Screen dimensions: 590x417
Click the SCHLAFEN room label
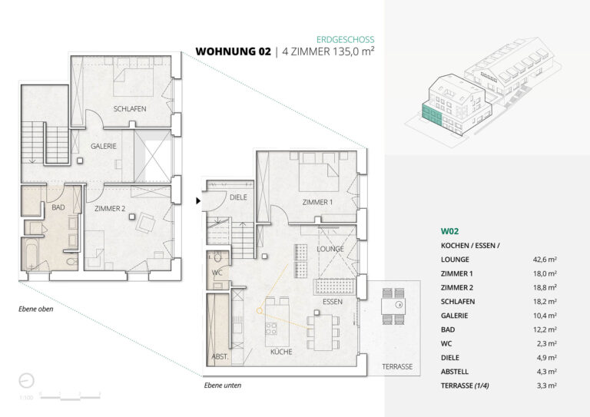pyautogui.click(x=130, y=109)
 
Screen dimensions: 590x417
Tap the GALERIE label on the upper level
pyautogui.click(x=104, y=146)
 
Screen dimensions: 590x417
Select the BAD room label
pyautogui.click(x=58, y=207)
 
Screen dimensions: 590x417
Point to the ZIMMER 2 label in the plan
pyautogui.click(x=110, y=208)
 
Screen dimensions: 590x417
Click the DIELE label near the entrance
pyautogui.click(x=239, y=197)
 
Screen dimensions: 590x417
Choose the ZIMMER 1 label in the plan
pyautogui.click(x=317, y=202)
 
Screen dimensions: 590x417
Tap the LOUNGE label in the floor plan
pyautogui.click(x=330, y=249)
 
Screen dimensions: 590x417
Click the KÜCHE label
pyautogui.click(x=281, y=352)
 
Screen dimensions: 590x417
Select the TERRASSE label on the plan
pyautogui.click(x=397, y=366)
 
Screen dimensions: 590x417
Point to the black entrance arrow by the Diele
pyautogui.click(x=198, y=201)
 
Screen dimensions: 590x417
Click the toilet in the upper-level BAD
pyautogui.click(x=71, y=261)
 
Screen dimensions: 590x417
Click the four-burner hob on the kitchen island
pyautogui.click(x=271, y=329)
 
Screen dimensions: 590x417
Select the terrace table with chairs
pyautogui.click(x=393, y=306)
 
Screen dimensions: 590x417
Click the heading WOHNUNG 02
pyautogui.click(x=234, y=51)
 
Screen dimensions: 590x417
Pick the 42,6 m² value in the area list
pyautogui.click(x=545, y=260)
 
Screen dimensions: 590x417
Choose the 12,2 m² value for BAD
pyautogui.click(x=545, y=329)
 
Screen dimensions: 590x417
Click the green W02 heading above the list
pyautogui.click(x=449, y=231)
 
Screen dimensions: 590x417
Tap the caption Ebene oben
pyautogui.click(x=36, y=309)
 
